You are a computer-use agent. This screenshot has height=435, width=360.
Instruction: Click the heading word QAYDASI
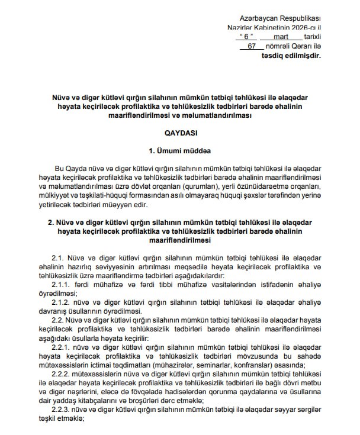click(x=179, y=134)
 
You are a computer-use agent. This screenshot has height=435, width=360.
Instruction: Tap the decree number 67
click(x=252, y=46)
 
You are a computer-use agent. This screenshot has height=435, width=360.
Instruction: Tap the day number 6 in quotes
click(x=243, y=37)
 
